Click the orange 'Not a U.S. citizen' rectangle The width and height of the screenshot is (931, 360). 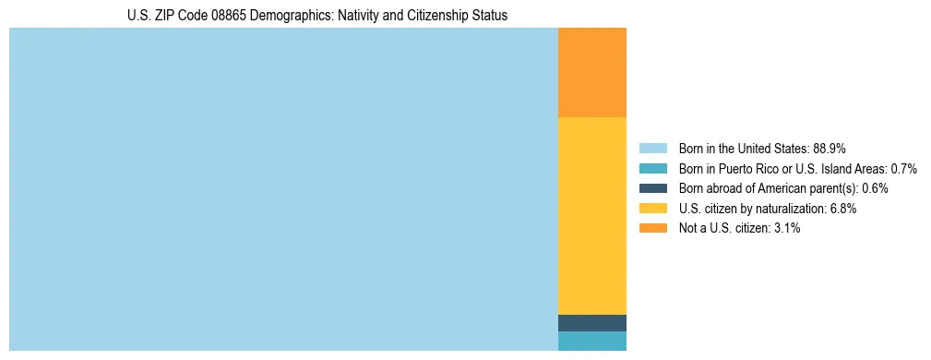592,73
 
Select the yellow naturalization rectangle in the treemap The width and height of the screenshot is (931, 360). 592,216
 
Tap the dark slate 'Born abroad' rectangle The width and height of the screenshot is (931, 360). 592,323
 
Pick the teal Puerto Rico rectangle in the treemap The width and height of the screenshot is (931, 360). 592,341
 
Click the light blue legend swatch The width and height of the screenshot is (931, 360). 652,148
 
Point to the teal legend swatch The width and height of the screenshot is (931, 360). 652,168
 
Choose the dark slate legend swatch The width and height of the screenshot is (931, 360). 652,188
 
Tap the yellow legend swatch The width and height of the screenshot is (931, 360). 652,209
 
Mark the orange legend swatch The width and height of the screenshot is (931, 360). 652,228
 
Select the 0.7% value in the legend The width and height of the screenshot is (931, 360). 903,168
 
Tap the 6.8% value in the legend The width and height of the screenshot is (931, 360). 842,209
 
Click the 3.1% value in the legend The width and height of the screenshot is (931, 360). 786,228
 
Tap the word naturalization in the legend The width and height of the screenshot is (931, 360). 786,209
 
